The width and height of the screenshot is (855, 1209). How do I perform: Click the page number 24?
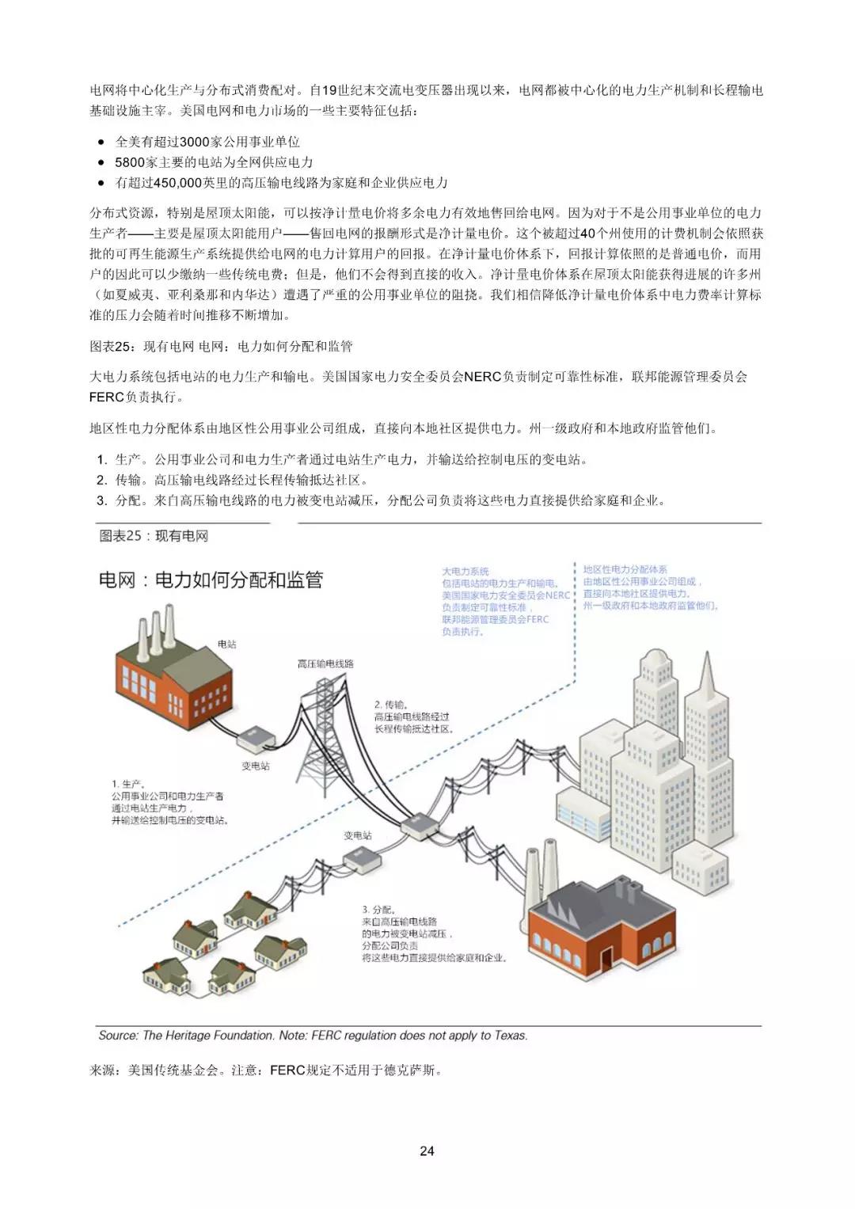(427, 1150)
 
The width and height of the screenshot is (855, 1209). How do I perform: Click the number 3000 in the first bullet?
(196, 142)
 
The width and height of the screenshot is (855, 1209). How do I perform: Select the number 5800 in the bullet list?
(130, 162)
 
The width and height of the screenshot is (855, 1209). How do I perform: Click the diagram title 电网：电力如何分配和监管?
(211, 580)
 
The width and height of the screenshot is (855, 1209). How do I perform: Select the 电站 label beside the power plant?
(227, 644)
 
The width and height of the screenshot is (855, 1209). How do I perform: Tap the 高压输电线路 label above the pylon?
(325, 663)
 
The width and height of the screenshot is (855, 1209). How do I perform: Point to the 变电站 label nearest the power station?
(256, 766)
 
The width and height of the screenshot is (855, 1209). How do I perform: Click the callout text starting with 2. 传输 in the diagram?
(414, 716)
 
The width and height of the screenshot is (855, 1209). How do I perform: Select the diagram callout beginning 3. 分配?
(434, 933)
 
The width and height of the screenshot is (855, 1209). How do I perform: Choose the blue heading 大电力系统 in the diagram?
(465, 571)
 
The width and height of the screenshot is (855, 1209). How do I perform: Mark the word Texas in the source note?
(510, 1035)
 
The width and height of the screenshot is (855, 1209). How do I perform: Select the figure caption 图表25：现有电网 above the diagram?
(154, 536)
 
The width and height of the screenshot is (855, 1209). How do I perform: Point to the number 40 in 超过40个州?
(587, 234)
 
